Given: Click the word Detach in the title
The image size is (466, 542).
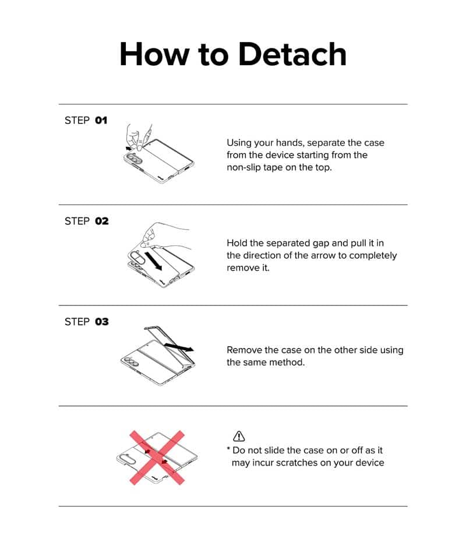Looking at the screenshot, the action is pos(292,54).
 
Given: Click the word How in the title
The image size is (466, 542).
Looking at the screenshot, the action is pos(154,54).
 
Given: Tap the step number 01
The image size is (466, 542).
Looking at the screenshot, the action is pos(101,120).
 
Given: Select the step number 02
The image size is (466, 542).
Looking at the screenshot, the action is pos(102,221).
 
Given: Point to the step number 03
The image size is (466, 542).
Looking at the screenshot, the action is pos(102,322).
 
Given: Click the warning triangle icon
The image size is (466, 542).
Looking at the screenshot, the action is pos(239,437).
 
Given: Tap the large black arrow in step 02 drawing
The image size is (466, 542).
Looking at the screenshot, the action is pos(153,261).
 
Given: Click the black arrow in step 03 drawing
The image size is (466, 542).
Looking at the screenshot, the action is pos(179,347).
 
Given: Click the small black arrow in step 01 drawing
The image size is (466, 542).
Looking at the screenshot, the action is pos(129,148).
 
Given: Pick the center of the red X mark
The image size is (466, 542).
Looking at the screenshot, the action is pos(157,457).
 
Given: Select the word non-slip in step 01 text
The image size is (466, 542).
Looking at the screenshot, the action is pos(243,167).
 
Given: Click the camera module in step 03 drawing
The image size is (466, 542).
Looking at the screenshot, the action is pos(131,361).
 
